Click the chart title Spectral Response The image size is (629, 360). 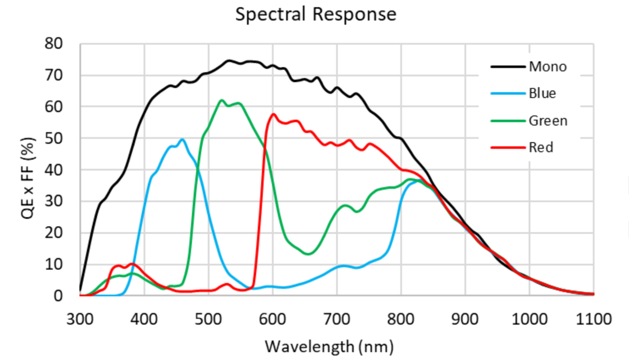(315, 14)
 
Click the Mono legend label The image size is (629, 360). (547, 67)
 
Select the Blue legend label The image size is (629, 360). (542, 94)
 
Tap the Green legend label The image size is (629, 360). (547, 121)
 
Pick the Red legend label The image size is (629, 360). (541, 148)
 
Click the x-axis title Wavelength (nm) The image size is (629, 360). (329, 347)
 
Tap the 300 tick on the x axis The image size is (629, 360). (80, 319)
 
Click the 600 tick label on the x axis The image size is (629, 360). (272, 319)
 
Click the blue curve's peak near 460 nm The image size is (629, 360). (183, 139)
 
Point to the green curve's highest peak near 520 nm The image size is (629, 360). (221, 100)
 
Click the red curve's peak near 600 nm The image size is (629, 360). (273, 114)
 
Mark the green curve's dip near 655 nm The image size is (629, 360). (308, 254)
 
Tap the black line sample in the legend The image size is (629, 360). (508, 67)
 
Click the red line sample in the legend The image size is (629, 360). (508, 148)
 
